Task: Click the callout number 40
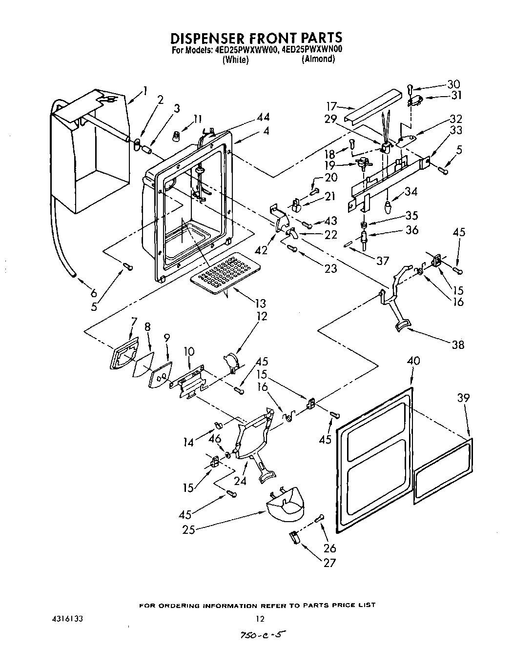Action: point(413,362)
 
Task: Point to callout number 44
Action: point(263,117)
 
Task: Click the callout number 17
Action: point(331,105)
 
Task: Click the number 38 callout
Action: point(458,345)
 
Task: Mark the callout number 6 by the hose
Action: point(94,293)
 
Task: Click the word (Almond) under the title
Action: point(318,59)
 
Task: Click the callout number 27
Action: point(330,563)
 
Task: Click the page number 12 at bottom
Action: point(260,619)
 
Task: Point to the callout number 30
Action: point(453,84)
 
